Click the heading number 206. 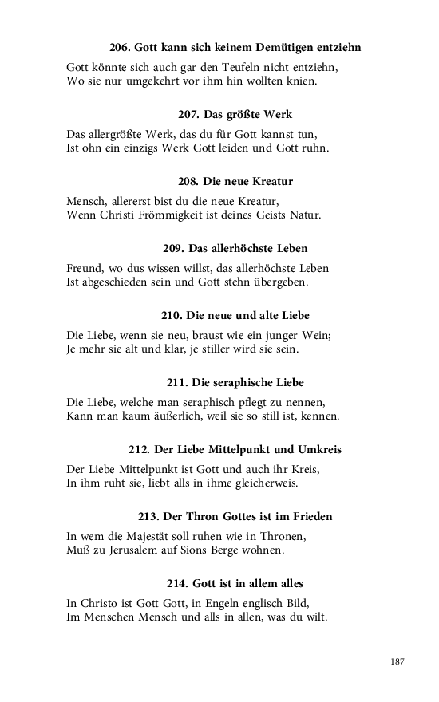pyautogui.click(x=120, y=48)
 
